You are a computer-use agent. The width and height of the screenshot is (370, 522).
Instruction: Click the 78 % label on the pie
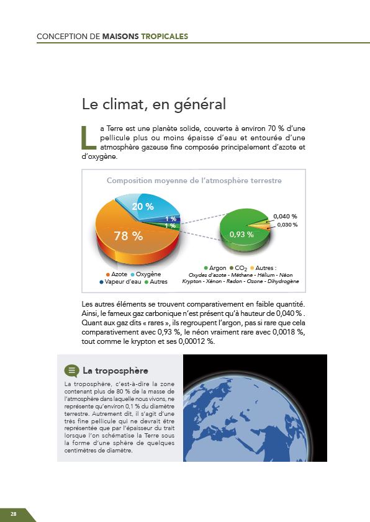coord(128,236)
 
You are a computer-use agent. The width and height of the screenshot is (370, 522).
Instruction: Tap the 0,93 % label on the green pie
coord(241,235)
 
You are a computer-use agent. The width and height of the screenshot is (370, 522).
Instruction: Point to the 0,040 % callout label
coord(285,216)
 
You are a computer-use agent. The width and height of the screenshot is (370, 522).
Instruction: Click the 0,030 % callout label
coord(287,225)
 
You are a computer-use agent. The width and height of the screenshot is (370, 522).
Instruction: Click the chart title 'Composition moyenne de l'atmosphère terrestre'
coord(194,181)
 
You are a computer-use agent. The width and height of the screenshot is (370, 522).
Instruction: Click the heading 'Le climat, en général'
coord(153,103)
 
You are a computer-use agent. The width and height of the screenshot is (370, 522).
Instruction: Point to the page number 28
coord(13,514)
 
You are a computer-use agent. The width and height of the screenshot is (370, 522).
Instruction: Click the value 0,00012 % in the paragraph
coord(194,342)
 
